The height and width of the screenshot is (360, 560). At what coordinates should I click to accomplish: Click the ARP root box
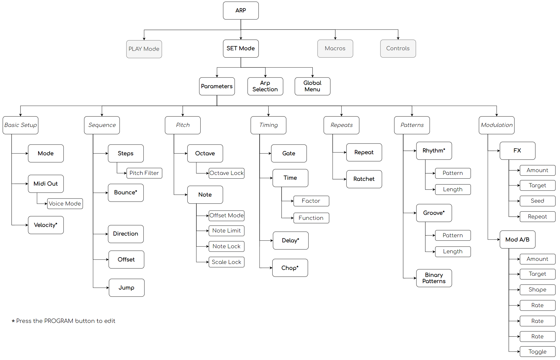pyautogui.click(x=241, y=11)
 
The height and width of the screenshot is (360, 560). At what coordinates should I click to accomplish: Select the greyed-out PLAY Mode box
pyautogui.click(x=144, y=49)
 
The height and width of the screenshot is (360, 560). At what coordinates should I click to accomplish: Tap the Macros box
pyautogui.click(x=335, y=49)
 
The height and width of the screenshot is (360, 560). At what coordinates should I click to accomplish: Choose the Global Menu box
pyautogui.click(x=312, y=86)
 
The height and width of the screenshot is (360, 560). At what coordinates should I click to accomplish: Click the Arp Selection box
pyautogui.click(x=265, y=86)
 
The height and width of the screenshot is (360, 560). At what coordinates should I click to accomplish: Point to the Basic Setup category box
pyautogui.click(x=21, y=125)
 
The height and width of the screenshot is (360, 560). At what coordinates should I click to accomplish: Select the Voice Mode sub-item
pyautogui.click(x=65, y=204)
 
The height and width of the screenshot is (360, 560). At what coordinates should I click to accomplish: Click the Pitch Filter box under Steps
pyautogui.click(x=144, y=173)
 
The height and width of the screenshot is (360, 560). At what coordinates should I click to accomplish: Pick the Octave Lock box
pyautogui.click(x=226, y=173)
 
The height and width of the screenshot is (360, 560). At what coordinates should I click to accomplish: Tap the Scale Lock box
pyautogui.click(x=226, y=262)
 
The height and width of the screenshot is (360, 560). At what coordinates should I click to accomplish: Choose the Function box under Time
pyautogui.click(x=311, y=218)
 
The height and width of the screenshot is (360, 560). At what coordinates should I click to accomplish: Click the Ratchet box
pyautogui.click(x=364, y=179)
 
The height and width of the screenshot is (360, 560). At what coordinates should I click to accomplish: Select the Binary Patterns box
pyautogui.click(x=434, y=278)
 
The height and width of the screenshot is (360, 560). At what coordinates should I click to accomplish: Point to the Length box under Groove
pyautogui.click(x=453, y=252)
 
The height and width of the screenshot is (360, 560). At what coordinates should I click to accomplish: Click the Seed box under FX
pyautogui.click(x=538, y=201)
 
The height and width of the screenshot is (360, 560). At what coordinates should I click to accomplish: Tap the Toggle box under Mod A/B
pyautogui.click(x=538, y=352)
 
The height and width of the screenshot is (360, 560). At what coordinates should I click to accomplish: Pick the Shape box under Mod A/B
pyautogui.click(x=538, y=290)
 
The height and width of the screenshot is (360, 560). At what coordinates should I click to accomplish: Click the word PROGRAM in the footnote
pyautogui.click(x=59, y=321)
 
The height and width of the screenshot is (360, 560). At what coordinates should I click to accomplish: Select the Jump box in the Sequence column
pyautogui.click(x=127, y=288)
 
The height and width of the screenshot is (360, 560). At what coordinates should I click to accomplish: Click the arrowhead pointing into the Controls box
pyautogui.click(x=398, y=38)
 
